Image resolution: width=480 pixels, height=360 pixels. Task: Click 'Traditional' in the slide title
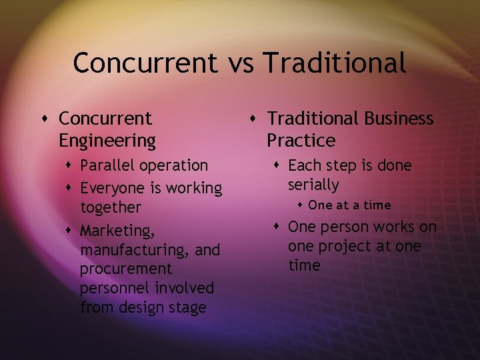coord(335,63)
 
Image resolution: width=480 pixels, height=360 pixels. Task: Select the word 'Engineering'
coord(107,141)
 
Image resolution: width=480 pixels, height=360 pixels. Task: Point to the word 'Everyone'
coord(112,188)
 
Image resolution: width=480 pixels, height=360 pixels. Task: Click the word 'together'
coord(111,207)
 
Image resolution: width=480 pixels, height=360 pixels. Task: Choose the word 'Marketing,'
coord(116,231)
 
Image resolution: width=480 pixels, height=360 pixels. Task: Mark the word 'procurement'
coord(126,269)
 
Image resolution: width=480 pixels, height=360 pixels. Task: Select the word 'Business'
coord(399,119)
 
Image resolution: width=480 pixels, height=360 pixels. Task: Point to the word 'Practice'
coord(301,141)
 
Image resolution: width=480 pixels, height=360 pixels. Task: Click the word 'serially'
coord(313,184)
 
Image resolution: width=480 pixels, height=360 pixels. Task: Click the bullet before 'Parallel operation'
coord(70,165)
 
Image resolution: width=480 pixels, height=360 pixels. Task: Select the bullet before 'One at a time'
coord(301,205)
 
